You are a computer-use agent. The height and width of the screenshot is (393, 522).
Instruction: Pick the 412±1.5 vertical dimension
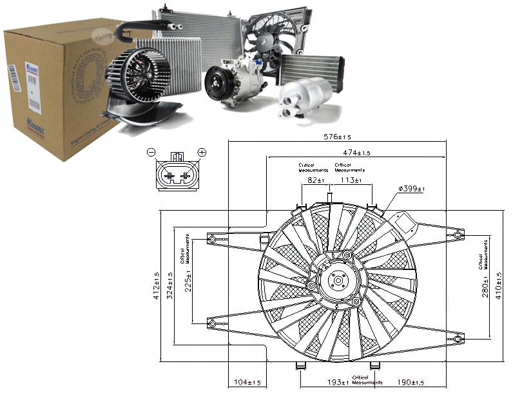click(156, 286)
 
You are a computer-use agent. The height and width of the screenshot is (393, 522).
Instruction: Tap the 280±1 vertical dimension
click(485, 285)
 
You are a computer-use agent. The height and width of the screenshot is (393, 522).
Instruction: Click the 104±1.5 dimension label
click(247, 383)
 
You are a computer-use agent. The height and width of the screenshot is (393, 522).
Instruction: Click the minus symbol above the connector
click(150, 152)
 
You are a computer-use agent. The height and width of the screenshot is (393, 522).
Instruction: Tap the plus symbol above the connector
click(202, 152)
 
